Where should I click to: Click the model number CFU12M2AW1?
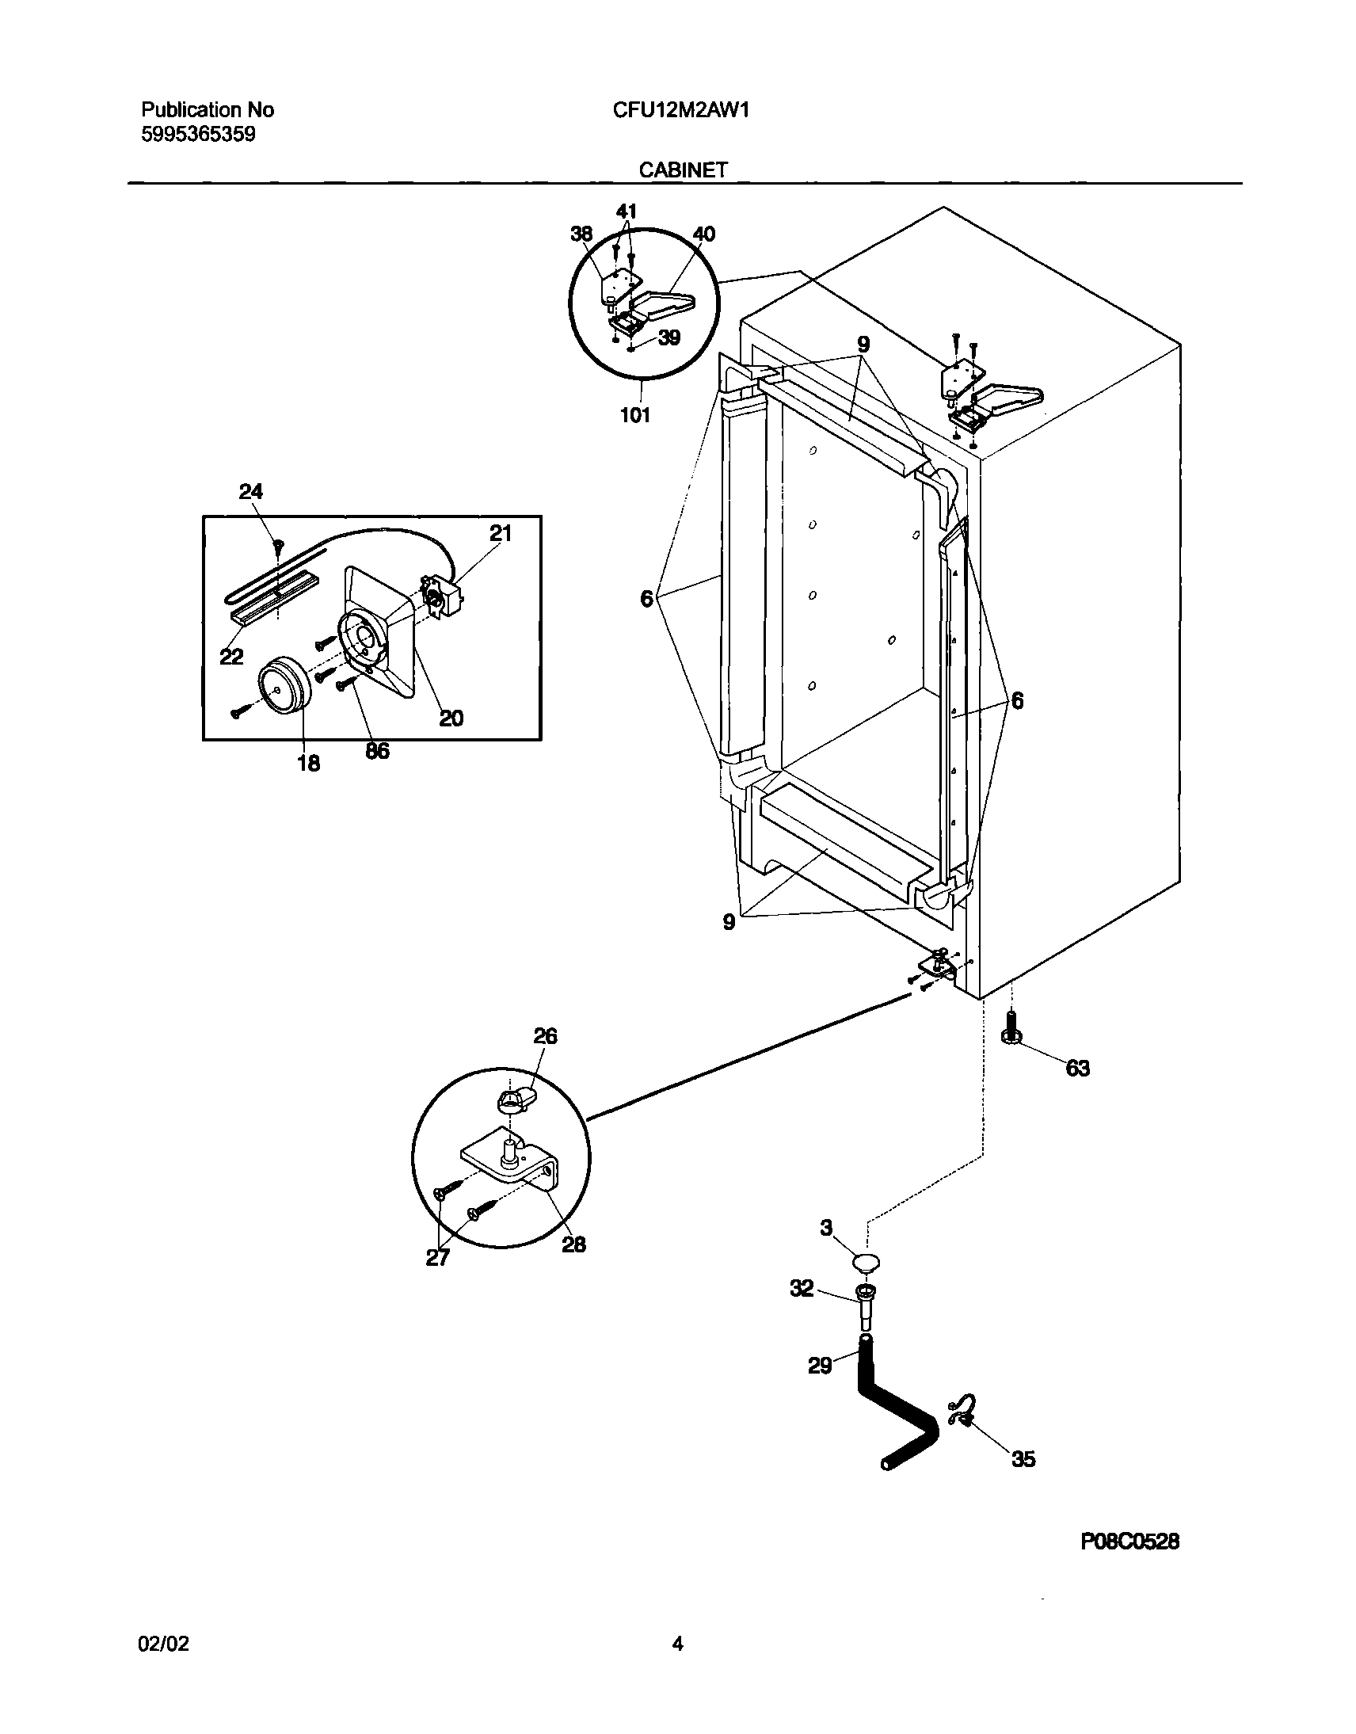coord(681,110)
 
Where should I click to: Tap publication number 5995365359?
coord(199,135)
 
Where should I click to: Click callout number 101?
coord(635,414)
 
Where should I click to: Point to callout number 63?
coord(1077,1069)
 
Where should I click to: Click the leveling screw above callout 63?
coord(1011,1027)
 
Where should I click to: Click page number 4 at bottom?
coord(677,1644)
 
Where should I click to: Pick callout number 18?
coord(308,763)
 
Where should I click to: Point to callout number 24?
coord(251,492)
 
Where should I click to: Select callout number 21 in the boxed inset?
coord(499,534)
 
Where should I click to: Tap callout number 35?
coord(1023,1458)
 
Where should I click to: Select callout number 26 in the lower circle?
coord(546,1036)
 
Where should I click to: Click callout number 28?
coord(573,1244)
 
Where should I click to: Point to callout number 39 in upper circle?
coord(669,338)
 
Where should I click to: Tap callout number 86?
coord(377,750)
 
